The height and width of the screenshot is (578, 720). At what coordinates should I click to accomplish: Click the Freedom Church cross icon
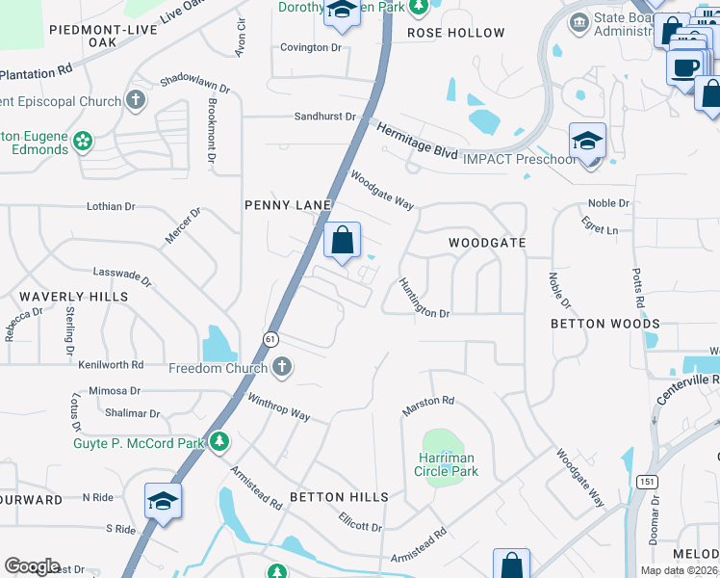point(281,366)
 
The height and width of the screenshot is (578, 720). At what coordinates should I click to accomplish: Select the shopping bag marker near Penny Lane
point(342,242)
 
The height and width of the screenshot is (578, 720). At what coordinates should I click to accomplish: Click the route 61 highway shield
point(272,338)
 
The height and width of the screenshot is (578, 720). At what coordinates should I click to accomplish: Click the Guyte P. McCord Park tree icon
point(220,441)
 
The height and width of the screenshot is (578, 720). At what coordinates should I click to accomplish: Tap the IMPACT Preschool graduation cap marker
point(587,142)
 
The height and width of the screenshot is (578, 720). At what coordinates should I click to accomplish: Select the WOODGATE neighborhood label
point(487,243)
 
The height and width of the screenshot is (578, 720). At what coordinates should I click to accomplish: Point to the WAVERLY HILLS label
point(74,297)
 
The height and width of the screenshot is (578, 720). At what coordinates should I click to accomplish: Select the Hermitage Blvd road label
point(416,141)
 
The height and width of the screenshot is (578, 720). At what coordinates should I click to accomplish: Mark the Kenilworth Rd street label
point(111,365)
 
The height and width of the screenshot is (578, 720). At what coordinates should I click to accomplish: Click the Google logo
point(33,566)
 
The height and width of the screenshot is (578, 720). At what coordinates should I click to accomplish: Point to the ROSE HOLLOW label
point(456,33)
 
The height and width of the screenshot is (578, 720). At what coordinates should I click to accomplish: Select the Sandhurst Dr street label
point(324,117)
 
